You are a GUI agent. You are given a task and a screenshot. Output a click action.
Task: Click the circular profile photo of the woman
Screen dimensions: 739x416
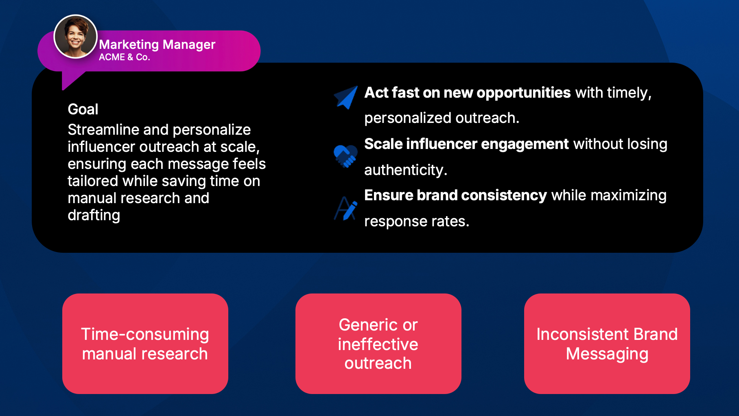click(x=75, y=37)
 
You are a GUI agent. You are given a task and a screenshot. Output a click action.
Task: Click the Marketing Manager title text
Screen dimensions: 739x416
click(x=157, y=44)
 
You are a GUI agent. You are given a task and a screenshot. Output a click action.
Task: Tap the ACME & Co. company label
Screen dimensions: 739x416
click(x=125, y=57)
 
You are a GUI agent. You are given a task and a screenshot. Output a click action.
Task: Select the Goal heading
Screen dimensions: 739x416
click(x=83, y=109)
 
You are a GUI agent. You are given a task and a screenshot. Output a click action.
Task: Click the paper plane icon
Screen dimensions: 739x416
click(x=346, y=97)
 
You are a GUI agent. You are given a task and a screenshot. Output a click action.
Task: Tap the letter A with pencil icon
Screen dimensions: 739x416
click(x=345, y=208)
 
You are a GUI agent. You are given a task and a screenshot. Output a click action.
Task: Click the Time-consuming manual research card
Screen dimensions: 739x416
click(x=145, y=344)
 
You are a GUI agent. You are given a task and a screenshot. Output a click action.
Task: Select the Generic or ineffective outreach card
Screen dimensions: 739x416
click(x=378, y=344)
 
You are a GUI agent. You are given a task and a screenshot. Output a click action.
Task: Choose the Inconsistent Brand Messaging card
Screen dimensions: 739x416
click(x=607, y=344)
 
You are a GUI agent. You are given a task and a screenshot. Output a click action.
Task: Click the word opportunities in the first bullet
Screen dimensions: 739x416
click(x=524, y=93)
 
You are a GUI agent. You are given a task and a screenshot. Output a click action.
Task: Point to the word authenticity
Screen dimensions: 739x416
click(x=406, y=170)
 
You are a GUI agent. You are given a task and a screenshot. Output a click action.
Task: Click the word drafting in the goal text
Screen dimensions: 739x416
click(x=94, y=216)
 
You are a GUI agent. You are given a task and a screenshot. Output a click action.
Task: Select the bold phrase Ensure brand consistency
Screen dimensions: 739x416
click(x=455, y=195)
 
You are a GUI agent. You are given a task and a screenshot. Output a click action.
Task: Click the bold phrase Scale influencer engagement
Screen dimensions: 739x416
click(x=466, y=144)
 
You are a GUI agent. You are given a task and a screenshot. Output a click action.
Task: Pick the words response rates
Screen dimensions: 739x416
click(x=417, y=221)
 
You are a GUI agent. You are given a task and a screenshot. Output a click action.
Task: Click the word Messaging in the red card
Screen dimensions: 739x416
click(x=607, y=354)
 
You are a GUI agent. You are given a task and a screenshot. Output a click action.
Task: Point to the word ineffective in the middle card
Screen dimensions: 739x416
click(x=378, y=344)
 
